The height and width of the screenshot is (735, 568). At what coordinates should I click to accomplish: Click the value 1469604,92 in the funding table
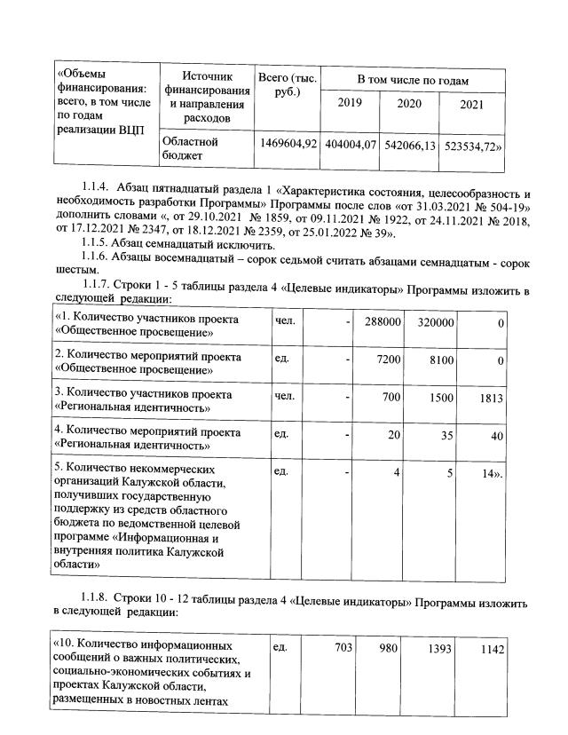click(x=287, y=144)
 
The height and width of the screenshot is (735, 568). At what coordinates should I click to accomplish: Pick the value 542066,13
click(x=409, y=144)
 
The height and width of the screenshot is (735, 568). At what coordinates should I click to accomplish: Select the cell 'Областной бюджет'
click(x=189, y=148)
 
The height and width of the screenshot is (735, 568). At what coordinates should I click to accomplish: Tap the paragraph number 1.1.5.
click(x=97, y=244)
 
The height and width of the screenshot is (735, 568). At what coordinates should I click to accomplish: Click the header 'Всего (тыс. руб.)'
click(x=287, y=85)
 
